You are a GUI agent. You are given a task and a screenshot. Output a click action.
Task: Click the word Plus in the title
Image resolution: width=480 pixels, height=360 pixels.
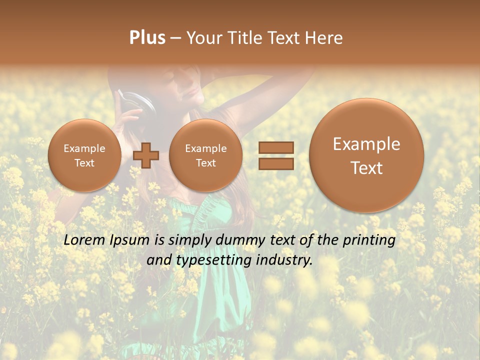pyautogui.click(x=147, y=38)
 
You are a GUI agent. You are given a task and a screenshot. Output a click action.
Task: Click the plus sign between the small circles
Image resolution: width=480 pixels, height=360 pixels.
pyautogui.click(x=146, y=155)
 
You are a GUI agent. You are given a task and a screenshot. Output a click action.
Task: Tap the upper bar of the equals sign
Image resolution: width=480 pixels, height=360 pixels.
pyautogui.click(x=275, y=147)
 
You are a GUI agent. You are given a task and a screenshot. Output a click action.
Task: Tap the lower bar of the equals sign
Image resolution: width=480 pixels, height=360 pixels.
pyautogui.click(x=275, y=163)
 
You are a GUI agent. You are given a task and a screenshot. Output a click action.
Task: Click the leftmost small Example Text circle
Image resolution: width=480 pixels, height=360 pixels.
pyautogui.click(x=84, y=155)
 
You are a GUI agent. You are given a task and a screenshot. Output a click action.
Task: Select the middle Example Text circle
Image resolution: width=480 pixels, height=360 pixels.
pyautogui.click(x=205, y=155)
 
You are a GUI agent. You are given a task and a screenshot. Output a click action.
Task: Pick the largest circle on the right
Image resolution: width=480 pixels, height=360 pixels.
pyautogui.click(x=366, y=155)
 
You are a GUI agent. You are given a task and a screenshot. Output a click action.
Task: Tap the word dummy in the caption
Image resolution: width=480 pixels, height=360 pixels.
pyautogui.click(x=241, y=240)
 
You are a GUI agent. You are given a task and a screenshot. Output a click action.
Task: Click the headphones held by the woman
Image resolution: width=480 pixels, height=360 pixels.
pyautogui.click(x=137, y=102)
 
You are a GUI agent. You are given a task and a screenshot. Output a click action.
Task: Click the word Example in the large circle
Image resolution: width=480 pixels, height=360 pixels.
pyautogui.click(x=366, y=144)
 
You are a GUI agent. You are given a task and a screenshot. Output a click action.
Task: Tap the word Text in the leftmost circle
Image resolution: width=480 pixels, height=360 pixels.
pyautogui.click(x=84, y=163)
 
